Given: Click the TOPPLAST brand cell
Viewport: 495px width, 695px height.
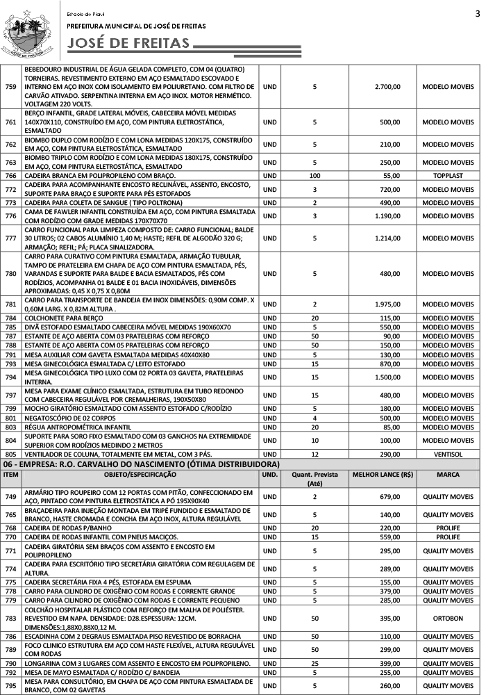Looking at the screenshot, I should pyautogui.click(x=448, y=176).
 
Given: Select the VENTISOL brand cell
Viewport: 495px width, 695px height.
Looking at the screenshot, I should pyautogui.click(x=448, y=453).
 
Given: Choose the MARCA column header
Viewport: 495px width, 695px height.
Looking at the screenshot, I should pyautogui.click(x=448, y=475).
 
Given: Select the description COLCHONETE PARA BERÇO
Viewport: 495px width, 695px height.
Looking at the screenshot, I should pyautogui.click(x=61, y=318).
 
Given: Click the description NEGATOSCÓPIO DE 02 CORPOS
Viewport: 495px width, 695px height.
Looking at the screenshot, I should pyautogui.click(x=69, y=418).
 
